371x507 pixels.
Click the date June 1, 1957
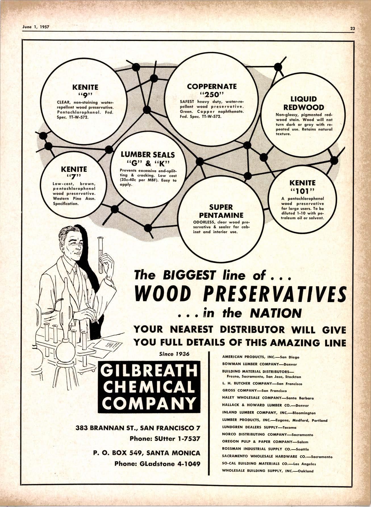36,27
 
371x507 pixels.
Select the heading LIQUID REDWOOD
303,103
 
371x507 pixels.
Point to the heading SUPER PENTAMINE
221,211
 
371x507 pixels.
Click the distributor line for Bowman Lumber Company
259,364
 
